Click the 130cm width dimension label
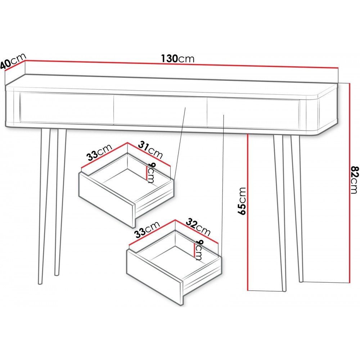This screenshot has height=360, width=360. (x=178, y=59)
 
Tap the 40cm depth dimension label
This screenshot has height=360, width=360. (x=13, y=61)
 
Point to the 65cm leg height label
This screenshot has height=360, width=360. (x=242, y=201)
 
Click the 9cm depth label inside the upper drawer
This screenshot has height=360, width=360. (x=151, y=172)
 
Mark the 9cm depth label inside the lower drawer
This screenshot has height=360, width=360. (x=199, y=250)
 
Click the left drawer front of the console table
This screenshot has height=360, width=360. (x=67, y=108)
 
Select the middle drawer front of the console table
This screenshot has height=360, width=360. (x=160, y=111)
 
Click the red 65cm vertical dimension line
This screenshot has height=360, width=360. (x=248, y=212)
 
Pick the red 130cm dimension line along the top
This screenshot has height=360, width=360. (x=181, y=64)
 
